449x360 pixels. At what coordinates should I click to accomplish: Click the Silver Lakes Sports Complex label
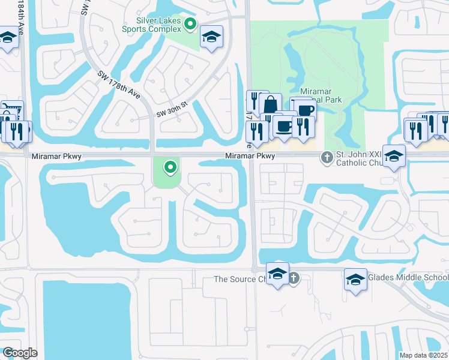pos(153,24)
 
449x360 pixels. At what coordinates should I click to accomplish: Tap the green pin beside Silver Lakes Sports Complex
pos(190,24)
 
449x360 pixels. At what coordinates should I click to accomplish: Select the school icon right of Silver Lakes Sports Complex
pos(211,37)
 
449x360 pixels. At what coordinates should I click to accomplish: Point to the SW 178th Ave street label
pos(119,86)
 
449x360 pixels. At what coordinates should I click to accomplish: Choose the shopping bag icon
pos(271,104)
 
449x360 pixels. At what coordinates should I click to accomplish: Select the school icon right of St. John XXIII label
pos(394,157)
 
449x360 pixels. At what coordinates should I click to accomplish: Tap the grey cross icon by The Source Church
pos(293,278)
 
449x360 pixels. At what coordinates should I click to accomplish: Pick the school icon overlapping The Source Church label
pos(277,274)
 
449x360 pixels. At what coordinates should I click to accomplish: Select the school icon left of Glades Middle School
pos(355,280)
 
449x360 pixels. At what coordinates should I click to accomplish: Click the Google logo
pos(20,353)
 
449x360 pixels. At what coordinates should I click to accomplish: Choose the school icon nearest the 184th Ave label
pos(7,38)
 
